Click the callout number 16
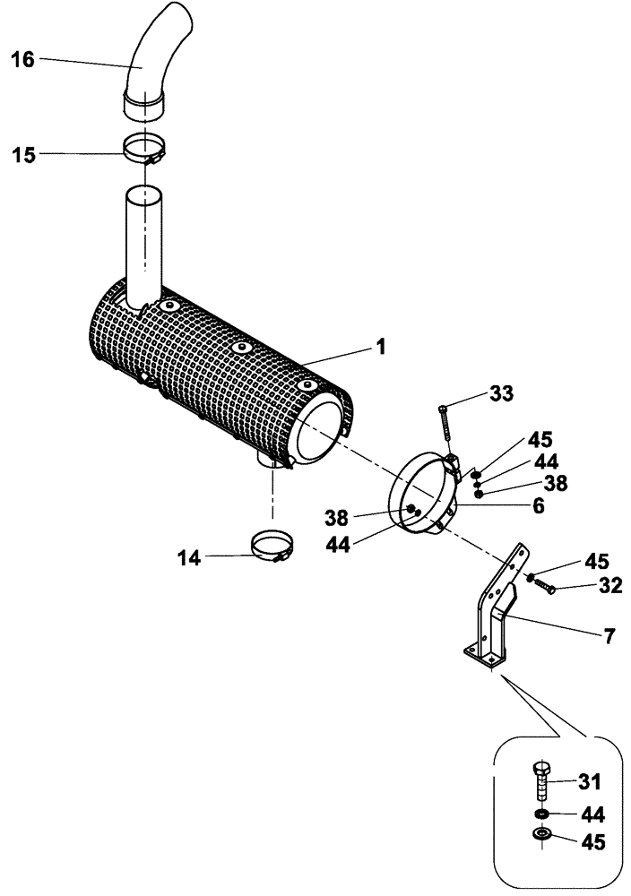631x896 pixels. (22, 60)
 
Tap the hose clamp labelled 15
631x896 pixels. (143, 149)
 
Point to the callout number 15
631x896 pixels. (22, 155)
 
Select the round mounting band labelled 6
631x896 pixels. (421, 497)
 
